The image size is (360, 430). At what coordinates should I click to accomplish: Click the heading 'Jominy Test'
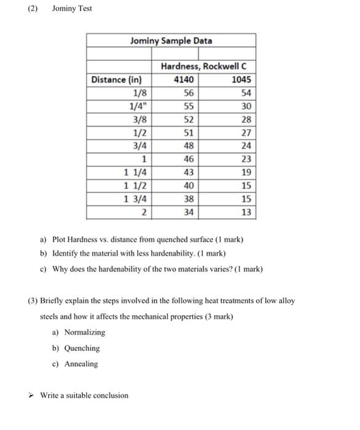(x=72, y=9)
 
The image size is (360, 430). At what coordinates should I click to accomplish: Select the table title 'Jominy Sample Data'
(x=171, y=41)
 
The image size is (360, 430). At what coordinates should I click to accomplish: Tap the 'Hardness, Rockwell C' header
(x=207, y=66)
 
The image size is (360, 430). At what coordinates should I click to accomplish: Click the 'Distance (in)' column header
(x=117, y=80)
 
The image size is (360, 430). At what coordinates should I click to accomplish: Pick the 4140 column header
(x=184, y=80)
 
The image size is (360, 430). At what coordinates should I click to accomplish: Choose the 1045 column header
(x=241, y=80)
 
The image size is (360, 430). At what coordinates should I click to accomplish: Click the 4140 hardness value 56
(x=189, y=93)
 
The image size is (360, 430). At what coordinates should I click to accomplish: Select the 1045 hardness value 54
(x=246, y=93)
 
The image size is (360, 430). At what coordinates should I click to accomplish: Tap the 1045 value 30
(x=246, y=106)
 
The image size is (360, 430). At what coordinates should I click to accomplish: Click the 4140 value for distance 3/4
(x=189, y=146)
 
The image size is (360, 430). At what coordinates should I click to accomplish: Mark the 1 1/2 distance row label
(x=135, y=186)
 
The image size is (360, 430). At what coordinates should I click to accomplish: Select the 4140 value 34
(x=189, y=213)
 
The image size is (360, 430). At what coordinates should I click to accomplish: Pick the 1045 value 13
(x=246, y=213)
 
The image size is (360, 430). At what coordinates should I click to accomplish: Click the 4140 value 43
(x=189, y=173)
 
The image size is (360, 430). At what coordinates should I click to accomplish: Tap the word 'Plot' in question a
(x=60, y=239)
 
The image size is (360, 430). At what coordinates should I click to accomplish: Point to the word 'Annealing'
(x=81, y=364)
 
